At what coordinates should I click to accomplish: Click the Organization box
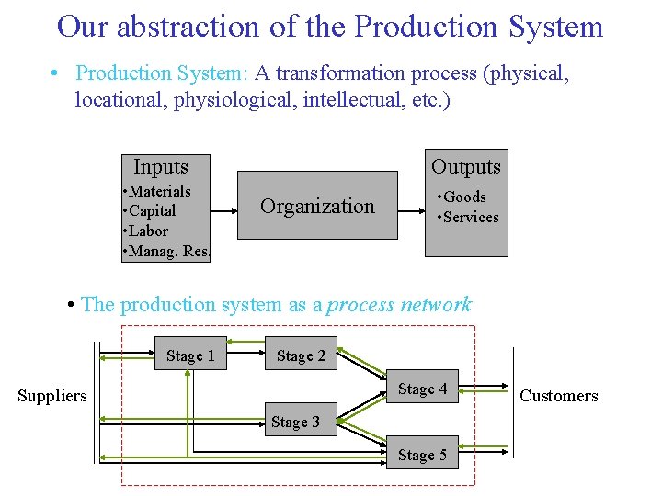[x=318, y=206]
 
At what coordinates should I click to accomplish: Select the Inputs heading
[x=161, y=167]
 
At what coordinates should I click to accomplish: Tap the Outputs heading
[x=466, y=167]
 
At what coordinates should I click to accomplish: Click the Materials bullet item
[x=159, y=191]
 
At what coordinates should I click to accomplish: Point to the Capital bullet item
[x=152, y=211]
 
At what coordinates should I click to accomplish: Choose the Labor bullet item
[x=148, y=231]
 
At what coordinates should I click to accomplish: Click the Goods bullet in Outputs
[x=463, y=197]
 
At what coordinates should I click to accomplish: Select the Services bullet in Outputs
[x=470, y=217]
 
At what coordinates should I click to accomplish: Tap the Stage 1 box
[x=190, y=355]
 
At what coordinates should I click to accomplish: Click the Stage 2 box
[x=301, y=355]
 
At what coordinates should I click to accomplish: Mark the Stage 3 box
[x=295, y=422]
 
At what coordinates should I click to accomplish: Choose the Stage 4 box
[x=422, y=389]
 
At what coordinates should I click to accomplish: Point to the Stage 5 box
[x=422, y=455]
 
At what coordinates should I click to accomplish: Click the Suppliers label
[x=52, y=396]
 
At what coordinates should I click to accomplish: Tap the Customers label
[x=559, y=396]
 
